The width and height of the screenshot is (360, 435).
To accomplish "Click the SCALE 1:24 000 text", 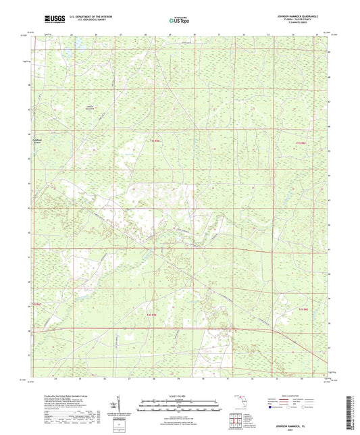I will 179,396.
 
